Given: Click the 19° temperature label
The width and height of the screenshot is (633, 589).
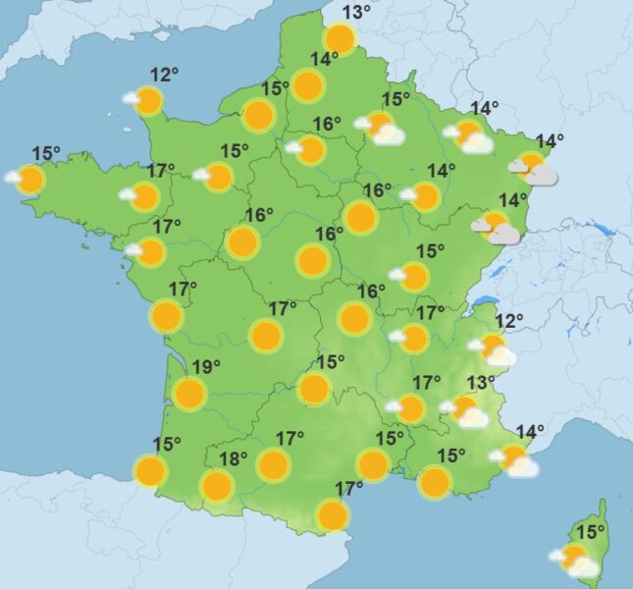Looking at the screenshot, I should [205, 368].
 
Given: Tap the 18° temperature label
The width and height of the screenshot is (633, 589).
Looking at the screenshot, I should [232, 458].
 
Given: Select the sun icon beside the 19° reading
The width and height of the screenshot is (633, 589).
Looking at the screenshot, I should [189, 394].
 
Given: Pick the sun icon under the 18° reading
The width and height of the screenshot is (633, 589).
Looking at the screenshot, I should [216, 485].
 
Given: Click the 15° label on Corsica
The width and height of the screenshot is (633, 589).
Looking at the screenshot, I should [590, 532].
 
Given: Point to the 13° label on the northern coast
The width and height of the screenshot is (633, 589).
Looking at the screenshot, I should [357, 13].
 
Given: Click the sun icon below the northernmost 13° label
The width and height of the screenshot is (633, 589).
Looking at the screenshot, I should [340, 39].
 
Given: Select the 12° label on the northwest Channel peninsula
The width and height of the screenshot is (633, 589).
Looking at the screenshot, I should [164, 74].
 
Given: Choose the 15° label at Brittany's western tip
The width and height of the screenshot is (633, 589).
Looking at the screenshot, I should [46, 152].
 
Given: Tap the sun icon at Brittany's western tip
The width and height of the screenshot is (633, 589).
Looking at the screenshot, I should [30, 179].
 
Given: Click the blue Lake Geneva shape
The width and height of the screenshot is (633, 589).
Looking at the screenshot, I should [483, 299].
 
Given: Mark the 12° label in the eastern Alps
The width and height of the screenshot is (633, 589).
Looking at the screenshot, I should [509, 320].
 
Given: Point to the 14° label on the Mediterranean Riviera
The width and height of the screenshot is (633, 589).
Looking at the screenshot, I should [530, 430].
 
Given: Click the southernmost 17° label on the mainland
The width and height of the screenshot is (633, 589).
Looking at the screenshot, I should [349, 488].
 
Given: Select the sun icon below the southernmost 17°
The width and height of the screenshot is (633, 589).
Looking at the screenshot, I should [334, 513].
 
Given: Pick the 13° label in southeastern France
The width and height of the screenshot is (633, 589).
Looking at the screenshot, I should [480, 382].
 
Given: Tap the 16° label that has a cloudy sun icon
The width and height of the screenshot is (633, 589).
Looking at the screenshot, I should [327, 124].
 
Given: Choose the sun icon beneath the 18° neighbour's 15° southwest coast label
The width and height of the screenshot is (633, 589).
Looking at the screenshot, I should [151, 471].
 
